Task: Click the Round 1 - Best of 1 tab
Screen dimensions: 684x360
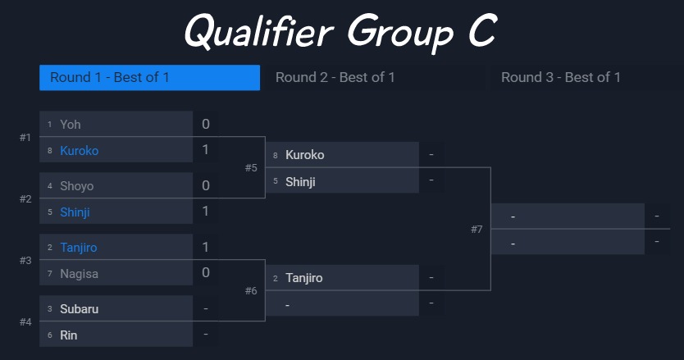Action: (x=149, y=78)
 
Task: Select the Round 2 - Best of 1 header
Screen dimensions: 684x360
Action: (x=335, y=78)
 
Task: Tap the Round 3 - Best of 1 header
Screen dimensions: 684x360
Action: (x=560, y=78)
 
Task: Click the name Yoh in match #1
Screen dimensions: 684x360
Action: (x=71, y=125)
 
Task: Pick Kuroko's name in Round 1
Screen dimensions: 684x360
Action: (x=80, y=151)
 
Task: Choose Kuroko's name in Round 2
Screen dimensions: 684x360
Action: (x=304, y=155)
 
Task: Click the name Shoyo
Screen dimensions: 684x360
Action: (x=77, y=186)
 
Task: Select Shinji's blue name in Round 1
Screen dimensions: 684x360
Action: (x=75, y=212)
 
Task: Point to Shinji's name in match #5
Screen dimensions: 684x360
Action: (x=300, y=182)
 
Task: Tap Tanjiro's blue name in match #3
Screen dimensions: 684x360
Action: (x=79, y=248)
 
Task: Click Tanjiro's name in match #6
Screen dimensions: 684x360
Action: (x=304, y=278)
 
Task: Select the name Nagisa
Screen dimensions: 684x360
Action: (x=79, y=274)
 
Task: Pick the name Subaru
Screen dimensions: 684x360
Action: (x=79, y=309)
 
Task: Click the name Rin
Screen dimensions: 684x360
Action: (x=69, y=335)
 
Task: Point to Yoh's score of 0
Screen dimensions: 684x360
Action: (x=206, y=124)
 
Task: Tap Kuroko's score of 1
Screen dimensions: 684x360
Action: (x=206, y=150)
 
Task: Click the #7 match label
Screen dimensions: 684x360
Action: (x=477, y=229)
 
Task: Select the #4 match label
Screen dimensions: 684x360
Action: (x=25, y=322)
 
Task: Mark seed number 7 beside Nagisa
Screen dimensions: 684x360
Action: (x=50, y=274)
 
